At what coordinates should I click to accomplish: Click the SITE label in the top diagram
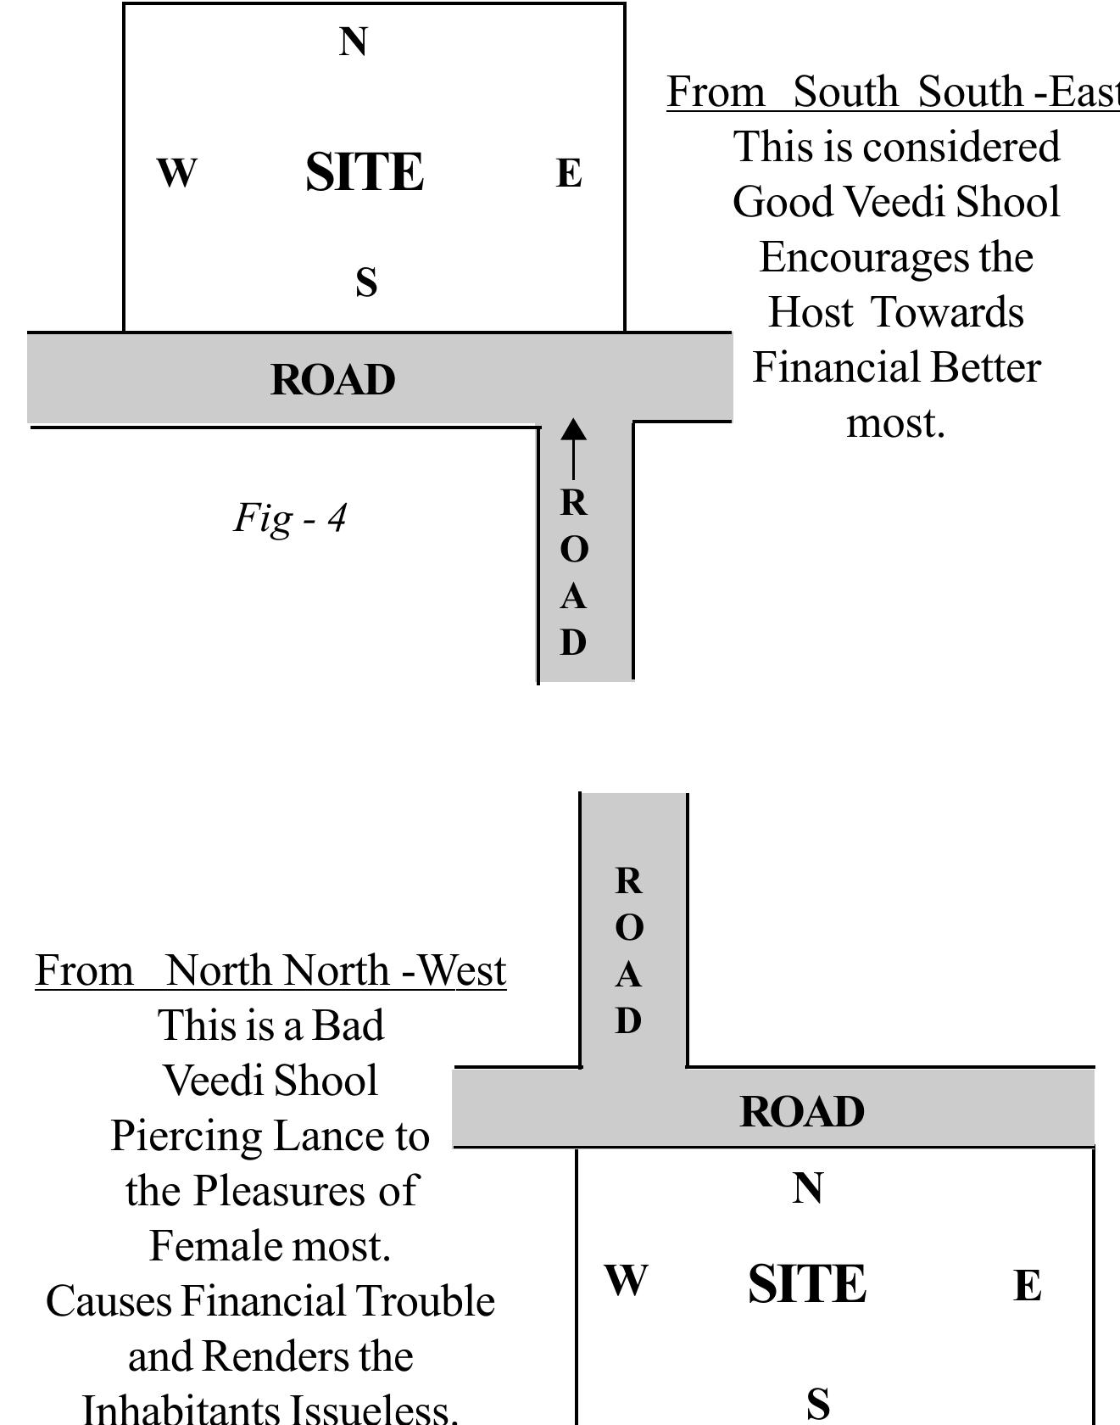click(365, 172)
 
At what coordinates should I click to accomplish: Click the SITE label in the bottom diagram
click(807, 1284)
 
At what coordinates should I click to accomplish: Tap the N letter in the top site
click(354, 42)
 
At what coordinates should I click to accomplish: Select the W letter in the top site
click(176, 173)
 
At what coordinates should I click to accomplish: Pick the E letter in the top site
click(569, 174)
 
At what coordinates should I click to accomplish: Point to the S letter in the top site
click(365, 282)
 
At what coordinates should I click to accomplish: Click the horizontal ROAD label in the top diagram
click(332, 380)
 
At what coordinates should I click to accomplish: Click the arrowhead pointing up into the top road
click(573, 429)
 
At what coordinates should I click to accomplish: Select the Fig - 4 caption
click(290, 517)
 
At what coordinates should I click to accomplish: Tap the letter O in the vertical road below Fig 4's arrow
click(574, 550)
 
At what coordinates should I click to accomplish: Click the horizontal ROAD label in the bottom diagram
click(801, 1112)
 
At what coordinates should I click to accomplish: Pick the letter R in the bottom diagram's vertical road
click(628, 881)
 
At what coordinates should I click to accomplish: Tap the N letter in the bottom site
click(807, 1188)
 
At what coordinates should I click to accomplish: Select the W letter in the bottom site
click(626, 1280)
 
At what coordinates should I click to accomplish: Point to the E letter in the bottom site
click(1028, 1286)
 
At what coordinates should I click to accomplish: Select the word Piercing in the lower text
click(187, 1137)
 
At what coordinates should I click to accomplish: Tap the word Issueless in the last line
click(373, 1410)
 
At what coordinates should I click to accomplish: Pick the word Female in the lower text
click(216, 1247)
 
